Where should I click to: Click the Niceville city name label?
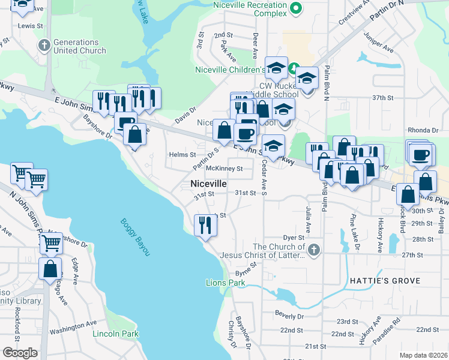pos(208,184)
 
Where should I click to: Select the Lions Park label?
pos(225,283)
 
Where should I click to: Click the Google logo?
pos(20,352)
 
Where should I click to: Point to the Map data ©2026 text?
pos(423,355)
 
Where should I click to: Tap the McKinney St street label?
pos(224,169)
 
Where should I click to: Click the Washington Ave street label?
pos(73,328)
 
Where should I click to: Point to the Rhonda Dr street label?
pos(424,130)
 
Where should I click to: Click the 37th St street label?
pos(382,97)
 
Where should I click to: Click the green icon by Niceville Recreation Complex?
pos(295,8)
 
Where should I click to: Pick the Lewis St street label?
pos(31,26)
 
